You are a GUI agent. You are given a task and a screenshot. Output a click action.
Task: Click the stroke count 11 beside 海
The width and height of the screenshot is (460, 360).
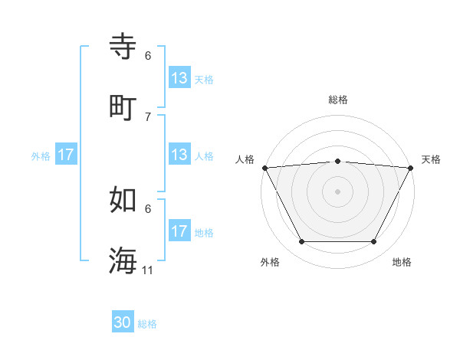pos(148,270)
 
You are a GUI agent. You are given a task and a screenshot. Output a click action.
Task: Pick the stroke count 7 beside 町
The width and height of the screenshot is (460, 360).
pos(148,116)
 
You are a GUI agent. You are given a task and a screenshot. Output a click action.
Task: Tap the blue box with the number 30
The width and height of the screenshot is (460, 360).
pos(123,323)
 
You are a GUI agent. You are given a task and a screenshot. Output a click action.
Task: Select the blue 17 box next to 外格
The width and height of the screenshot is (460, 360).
pos(66,155)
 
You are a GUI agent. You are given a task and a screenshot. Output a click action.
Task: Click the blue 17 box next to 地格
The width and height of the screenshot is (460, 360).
pos(179,231)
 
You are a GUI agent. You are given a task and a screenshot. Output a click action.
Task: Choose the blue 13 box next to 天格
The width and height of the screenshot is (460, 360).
pos(179,78)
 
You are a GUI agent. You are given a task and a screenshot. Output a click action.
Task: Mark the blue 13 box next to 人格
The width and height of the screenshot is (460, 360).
pos(179,155)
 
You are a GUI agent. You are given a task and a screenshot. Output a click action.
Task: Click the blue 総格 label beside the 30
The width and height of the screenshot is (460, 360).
pos(147,324)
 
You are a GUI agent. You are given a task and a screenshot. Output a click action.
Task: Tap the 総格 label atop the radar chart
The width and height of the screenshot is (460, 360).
pos(338,100)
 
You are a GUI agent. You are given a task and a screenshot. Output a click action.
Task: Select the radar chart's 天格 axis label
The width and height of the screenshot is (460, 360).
pos(432,159)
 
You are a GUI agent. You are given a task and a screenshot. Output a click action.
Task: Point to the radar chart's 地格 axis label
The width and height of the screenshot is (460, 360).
pos(402,262)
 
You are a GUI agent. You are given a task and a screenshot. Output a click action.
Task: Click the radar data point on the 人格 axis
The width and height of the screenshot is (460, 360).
pos(264,168)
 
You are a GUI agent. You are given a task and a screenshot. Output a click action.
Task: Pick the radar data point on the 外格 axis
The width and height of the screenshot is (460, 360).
pos(301,242)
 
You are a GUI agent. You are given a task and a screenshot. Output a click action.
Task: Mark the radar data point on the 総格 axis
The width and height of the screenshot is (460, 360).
pos(338,161)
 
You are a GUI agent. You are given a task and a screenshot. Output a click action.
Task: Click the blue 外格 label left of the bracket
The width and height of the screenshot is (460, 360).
pos(41,156)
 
